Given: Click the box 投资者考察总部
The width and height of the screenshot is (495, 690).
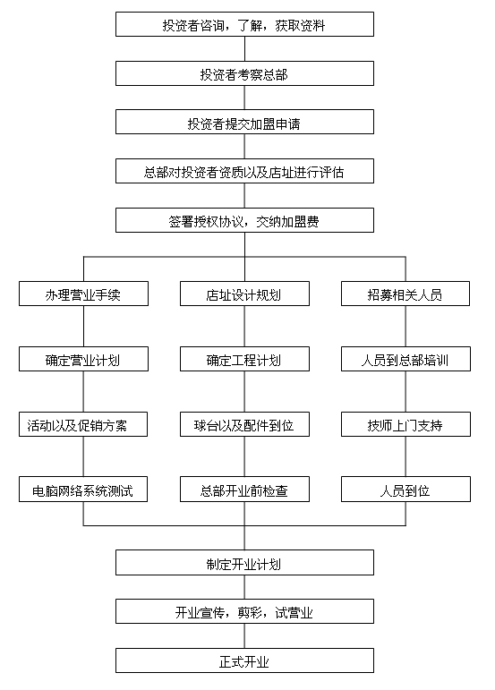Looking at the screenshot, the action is click(244, 73).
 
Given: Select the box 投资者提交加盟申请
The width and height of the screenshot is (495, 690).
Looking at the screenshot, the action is click(244, 122).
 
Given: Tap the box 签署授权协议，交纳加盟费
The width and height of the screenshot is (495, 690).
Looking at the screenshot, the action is click(244, 220).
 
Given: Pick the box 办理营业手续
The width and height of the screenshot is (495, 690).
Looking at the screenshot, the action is click(83, 294).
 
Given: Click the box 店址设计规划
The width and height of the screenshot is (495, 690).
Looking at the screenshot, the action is click(244, 294).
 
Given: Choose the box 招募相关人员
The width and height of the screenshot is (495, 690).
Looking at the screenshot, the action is click(405, 294).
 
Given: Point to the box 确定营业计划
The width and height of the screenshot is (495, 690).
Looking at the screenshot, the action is click(83, 359).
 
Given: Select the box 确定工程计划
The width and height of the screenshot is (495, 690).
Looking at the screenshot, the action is click(244, 359).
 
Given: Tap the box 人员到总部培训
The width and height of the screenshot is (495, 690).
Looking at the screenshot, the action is click(405, 359).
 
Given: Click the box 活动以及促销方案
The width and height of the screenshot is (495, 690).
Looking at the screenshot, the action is click(83, 424).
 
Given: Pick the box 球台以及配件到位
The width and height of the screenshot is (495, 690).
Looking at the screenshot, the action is click(244, 424).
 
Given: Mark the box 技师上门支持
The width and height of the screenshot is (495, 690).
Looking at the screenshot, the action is click(405, 424).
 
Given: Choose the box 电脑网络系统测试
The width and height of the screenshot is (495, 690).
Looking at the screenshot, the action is click(83, 489).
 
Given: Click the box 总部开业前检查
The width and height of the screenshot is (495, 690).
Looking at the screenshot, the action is click(244, 489).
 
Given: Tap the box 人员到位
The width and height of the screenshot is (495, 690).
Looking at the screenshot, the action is click(405, 489).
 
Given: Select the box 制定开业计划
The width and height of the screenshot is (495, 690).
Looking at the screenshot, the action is click(244, 562).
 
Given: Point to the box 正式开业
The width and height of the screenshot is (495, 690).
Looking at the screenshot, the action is click(244, 660).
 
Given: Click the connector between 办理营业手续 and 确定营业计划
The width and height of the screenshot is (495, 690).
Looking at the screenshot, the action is click(83, 326).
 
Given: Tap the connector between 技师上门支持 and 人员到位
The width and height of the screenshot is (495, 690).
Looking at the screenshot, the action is click(405, 456).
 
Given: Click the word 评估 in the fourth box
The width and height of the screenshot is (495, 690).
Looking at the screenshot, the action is click(331, 172).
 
